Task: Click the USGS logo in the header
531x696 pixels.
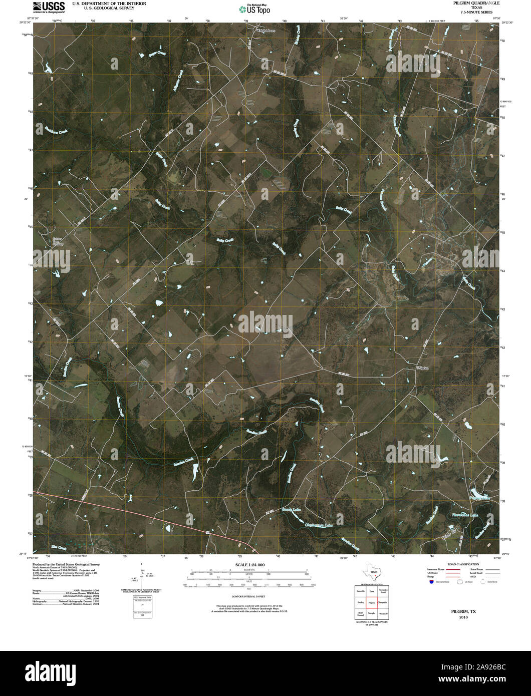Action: (49, 6)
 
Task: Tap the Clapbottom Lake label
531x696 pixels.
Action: (319, 525)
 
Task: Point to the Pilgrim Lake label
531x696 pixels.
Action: (479, 498)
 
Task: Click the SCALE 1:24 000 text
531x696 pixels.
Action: (249, 565)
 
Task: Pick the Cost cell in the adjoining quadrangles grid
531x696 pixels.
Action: (372, 591)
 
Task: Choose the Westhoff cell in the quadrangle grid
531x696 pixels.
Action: (383, 613)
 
